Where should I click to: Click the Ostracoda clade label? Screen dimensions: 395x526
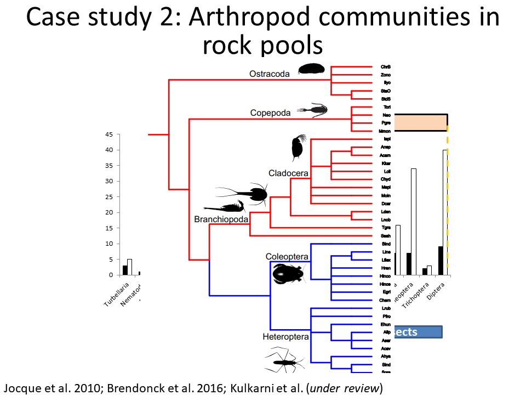[269, 74]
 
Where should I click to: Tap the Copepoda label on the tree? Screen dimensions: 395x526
[270, 113]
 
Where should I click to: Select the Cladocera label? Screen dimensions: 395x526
[288, 173]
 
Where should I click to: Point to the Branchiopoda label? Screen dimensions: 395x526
[221, 219]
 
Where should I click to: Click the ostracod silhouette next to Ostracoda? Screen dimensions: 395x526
[311, 69]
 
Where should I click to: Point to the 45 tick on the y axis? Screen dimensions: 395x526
[109, 134]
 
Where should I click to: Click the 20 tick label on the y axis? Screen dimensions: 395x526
[109, 212]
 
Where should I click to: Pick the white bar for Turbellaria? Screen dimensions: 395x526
[130, 267]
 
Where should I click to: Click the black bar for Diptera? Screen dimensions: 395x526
[441, 260]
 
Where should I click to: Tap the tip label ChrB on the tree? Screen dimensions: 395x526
[385, 67]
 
